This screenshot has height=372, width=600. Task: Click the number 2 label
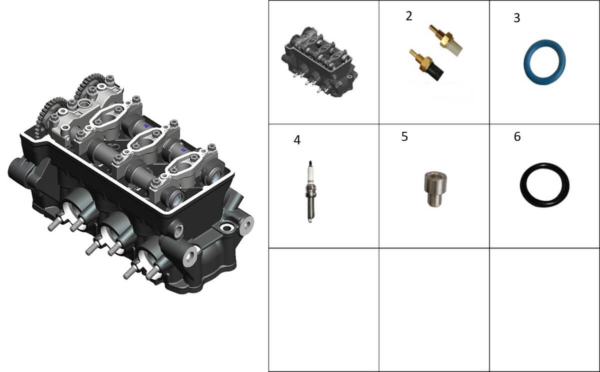(x=409, y=16)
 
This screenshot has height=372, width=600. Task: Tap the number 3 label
(x=516, y=18)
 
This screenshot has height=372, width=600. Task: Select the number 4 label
(x=297, y=140)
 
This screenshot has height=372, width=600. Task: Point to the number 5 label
(x=404, y=136)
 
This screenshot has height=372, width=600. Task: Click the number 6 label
(x=517, y=136)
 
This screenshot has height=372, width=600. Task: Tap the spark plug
(x=310, y=191)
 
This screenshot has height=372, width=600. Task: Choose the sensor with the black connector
(x=426, y=64)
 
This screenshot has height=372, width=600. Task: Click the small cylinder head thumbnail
(x=319, y=62)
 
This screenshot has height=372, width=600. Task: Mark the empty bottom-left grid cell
(x=323, y=310)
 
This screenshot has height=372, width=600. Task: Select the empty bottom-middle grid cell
(x=434, y=310)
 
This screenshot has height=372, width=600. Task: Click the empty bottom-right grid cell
(x=544, y=310)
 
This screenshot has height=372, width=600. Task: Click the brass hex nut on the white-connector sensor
(x=445, y=39)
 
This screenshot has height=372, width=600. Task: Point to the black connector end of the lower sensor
(x=435, y=73)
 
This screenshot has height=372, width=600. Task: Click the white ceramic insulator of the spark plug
(x=310, y=174)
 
